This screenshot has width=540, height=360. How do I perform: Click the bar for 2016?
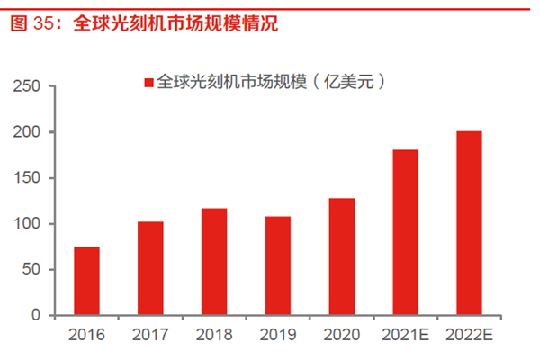coord(86,281)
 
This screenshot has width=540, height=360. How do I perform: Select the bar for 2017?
coord(150,268)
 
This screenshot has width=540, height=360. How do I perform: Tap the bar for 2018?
coord(214,262)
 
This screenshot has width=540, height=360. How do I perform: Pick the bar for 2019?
coord(277,265)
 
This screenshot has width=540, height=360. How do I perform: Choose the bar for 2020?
coord(341,256)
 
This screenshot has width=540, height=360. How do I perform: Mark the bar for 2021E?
coord(405,232)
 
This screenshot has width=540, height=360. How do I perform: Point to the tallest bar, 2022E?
coord(469,223)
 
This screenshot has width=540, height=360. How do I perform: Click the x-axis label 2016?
coord(86,335)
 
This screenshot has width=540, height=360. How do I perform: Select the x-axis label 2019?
coord(277,335)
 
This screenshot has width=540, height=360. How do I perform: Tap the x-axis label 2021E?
coord(405,335)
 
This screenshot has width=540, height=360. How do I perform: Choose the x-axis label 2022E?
coord(469,335)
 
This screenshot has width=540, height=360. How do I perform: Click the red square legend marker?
coord(148,83)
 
